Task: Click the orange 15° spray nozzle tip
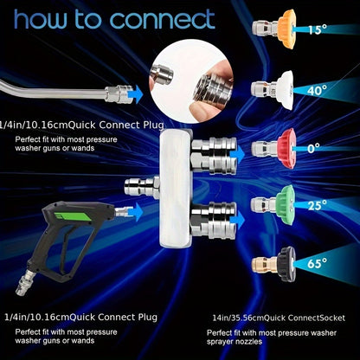tap(274, 29)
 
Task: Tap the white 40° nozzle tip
tap(273, 90)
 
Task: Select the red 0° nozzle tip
tap(274, 149)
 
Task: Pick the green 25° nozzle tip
tap(273, 205)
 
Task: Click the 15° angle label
tap(318, 29)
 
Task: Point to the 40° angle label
tap(317, 90)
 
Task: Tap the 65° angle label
tap(317, 263)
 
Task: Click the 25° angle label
tap(317, 205)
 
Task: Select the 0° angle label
tap(313, 149)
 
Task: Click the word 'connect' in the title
tap(163, 20)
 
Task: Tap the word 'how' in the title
tap(40, 19)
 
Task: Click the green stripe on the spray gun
tap(73, 216)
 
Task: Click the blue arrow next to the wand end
tap(138, 94)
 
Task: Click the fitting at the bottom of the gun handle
tap(25, 284)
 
